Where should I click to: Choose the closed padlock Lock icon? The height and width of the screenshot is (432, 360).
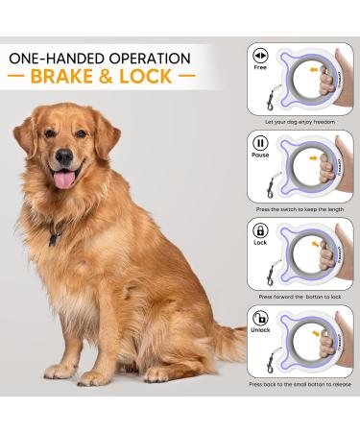[259, 232]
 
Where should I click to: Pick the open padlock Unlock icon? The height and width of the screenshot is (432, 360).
[259, 319]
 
